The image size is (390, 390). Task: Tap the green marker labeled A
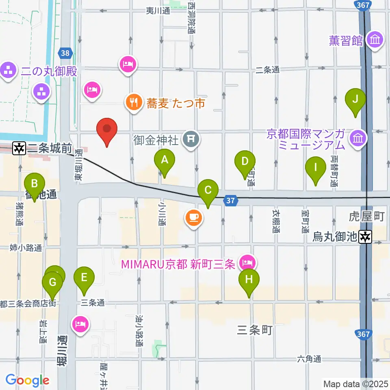(x=165, y=160)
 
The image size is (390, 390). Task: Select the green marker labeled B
(x=35, y=184)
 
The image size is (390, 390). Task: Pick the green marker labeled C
(x=208, y=190)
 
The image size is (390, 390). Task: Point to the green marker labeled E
(x=84, y=278)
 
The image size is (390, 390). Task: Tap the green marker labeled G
(x=52, y=282)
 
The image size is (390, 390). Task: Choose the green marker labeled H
(x=249, y=280)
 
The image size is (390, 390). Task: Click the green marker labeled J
(x=355, y=99)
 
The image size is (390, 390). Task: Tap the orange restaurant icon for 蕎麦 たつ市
(x=133, y=102)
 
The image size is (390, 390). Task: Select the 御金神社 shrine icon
(x=191, y=140)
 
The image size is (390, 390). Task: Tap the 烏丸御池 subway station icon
(x=366, y=236)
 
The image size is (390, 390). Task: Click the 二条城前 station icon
(x=19, y=148)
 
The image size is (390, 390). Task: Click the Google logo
(x=27, y=380)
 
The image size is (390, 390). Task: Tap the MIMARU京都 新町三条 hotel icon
(x=247, y=262)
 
